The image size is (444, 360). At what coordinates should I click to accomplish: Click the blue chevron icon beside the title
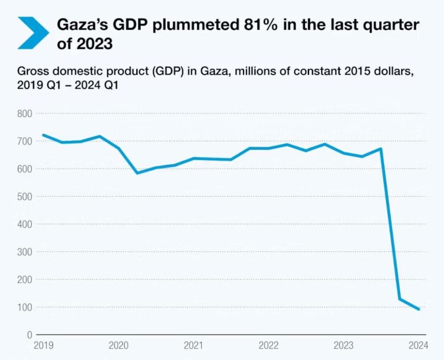pyautogui.click(x=33, y=33)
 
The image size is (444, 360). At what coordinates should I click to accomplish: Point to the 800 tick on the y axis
pyautogui.click(x=25, y=114)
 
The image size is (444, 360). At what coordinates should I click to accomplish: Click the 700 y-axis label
pyautogui.click(x=25, y=142)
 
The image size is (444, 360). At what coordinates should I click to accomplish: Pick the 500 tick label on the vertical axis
pyautogui.click(x=25, y=197)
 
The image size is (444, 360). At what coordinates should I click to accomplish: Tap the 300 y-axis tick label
pyautogui.click(x=25, y=252)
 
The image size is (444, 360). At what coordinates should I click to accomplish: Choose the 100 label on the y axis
pyautogui.click(x=25, y=308)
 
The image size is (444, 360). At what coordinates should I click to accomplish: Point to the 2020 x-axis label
pyautogui.click(x=118, y=346)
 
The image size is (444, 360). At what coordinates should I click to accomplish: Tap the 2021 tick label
pyautogui.click(x=193, y=346)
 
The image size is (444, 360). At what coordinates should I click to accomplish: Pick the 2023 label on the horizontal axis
pyautogui.click(x=344, y=346)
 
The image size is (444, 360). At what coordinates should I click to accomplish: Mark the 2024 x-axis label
pyautogui.click(x=419, y=346)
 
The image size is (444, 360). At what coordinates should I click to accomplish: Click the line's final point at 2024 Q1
pyautogui.click(x=419, y=310)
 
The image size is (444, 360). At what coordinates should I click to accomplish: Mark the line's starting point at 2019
pyautogui.click(x=43, y=135)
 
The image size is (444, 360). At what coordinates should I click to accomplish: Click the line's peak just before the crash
pyautogui.click(x=381, y=148)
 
